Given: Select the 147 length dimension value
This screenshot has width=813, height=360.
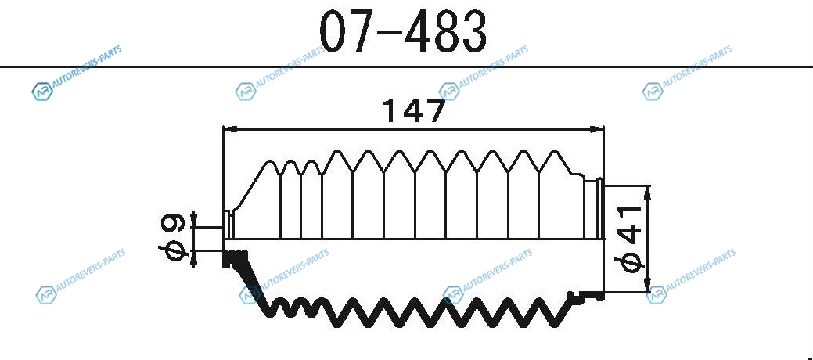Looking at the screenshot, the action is click(413, 110).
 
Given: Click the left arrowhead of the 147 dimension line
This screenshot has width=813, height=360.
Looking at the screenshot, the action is click(230, 128).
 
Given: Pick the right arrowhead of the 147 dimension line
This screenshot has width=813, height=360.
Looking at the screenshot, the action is click(597, 128).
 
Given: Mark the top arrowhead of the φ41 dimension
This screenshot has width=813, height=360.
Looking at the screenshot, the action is click(647, 193).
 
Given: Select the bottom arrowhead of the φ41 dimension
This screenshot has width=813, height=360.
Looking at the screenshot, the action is click(647, 285).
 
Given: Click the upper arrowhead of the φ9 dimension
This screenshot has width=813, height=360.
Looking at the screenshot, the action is click(194, 219).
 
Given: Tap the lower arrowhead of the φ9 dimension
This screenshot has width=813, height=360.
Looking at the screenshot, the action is click(194, 259).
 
